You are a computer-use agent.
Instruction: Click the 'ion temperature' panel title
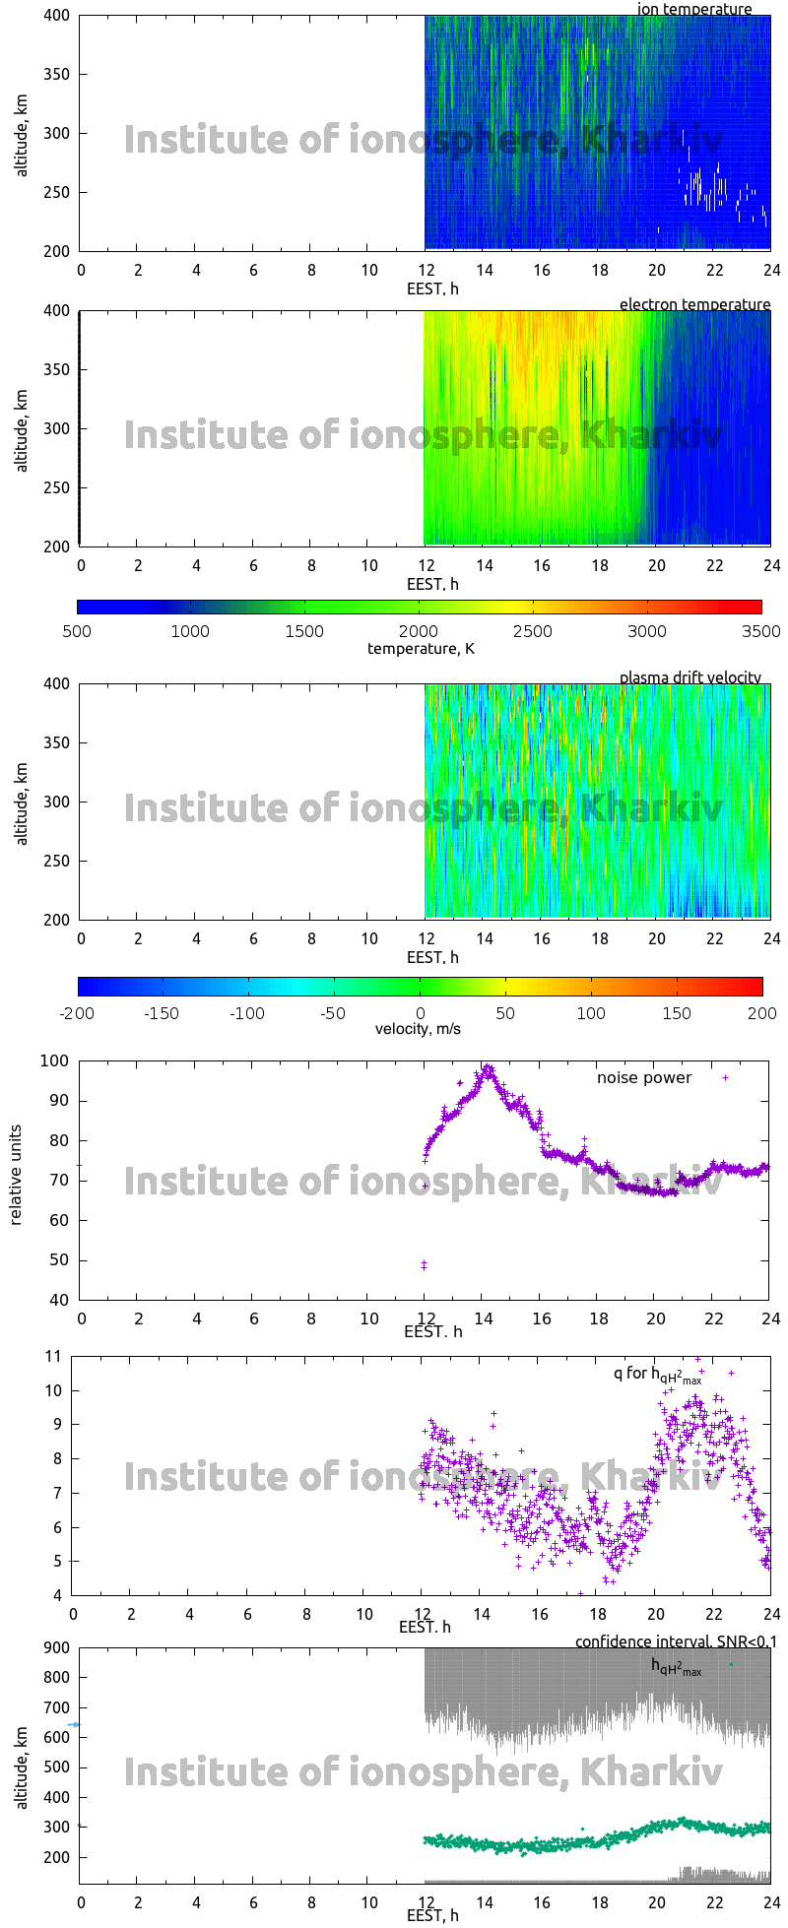coord(694,9)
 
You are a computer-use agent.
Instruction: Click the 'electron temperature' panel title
coord(694,304)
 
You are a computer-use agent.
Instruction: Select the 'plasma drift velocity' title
coord(689,677)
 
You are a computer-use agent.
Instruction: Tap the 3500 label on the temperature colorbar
coord(760,631)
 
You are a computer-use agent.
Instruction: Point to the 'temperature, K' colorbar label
coord(421,648)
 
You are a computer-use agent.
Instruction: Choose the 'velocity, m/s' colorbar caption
coord(418,1029)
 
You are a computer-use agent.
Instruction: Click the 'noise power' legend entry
coord(644,1078)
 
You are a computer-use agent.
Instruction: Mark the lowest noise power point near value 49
coord(425,1265)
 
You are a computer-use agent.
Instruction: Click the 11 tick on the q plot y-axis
coord(53,1357)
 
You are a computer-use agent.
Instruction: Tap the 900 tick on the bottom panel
coord(57,1648)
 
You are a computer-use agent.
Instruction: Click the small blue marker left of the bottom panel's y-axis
coord(74,1725)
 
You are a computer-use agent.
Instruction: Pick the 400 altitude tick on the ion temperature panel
coord(57,16)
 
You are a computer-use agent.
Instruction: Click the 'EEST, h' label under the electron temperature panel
coord(432,584)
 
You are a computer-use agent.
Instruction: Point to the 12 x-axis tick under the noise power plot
coord(424,1318)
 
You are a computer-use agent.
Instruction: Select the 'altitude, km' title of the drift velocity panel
coord(22,803)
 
